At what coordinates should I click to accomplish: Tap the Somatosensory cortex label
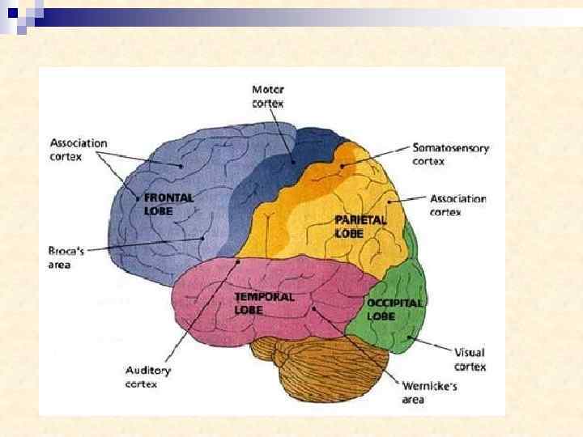(x=450, y=154)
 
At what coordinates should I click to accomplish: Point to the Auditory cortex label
(x=148, y=377)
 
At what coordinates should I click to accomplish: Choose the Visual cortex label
(x=470, y=359)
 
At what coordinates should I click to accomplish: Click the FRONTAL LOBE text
(x=168, y=203)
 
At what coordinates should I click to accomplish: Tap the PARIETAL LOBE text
(x=360, y=226)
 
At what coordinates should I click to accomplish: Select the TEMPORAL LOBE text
(x=264, y=303)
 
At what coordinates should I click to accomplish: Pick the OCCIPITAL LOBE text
(x=394, y=309)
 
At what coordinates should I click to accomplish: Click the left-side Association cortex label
(x=78, y=150)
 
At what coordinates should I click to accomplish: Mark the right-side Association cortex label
(x=457, y=205)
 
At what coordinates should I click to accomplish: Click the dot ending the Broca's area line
(x=202, y=239)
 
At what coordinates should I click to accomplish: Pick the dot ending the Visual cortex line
(x=410, y=337)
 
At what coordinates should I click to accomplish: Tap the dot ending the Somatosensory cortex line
(x=343, y=167)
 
